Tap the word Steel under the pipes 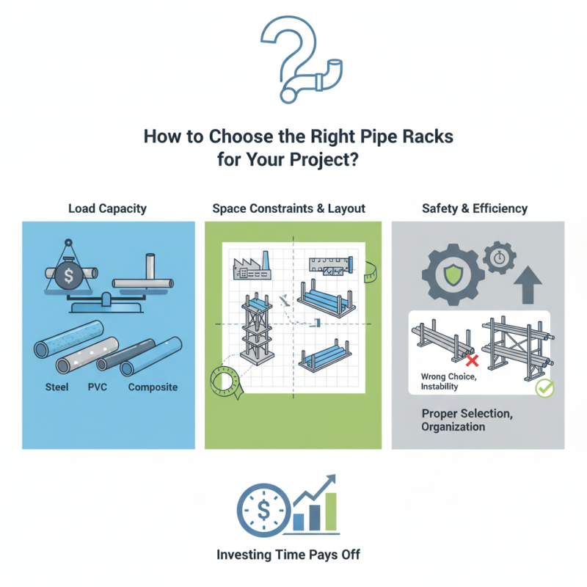point(56,387)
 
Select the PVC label point(98,387)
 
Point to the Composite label point(153,387)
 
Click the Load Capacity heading point(108,208)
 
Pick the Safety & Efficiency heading point(474,208)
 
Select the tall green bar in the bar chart point(332,511)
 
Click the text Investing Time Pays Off point(293,555)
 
